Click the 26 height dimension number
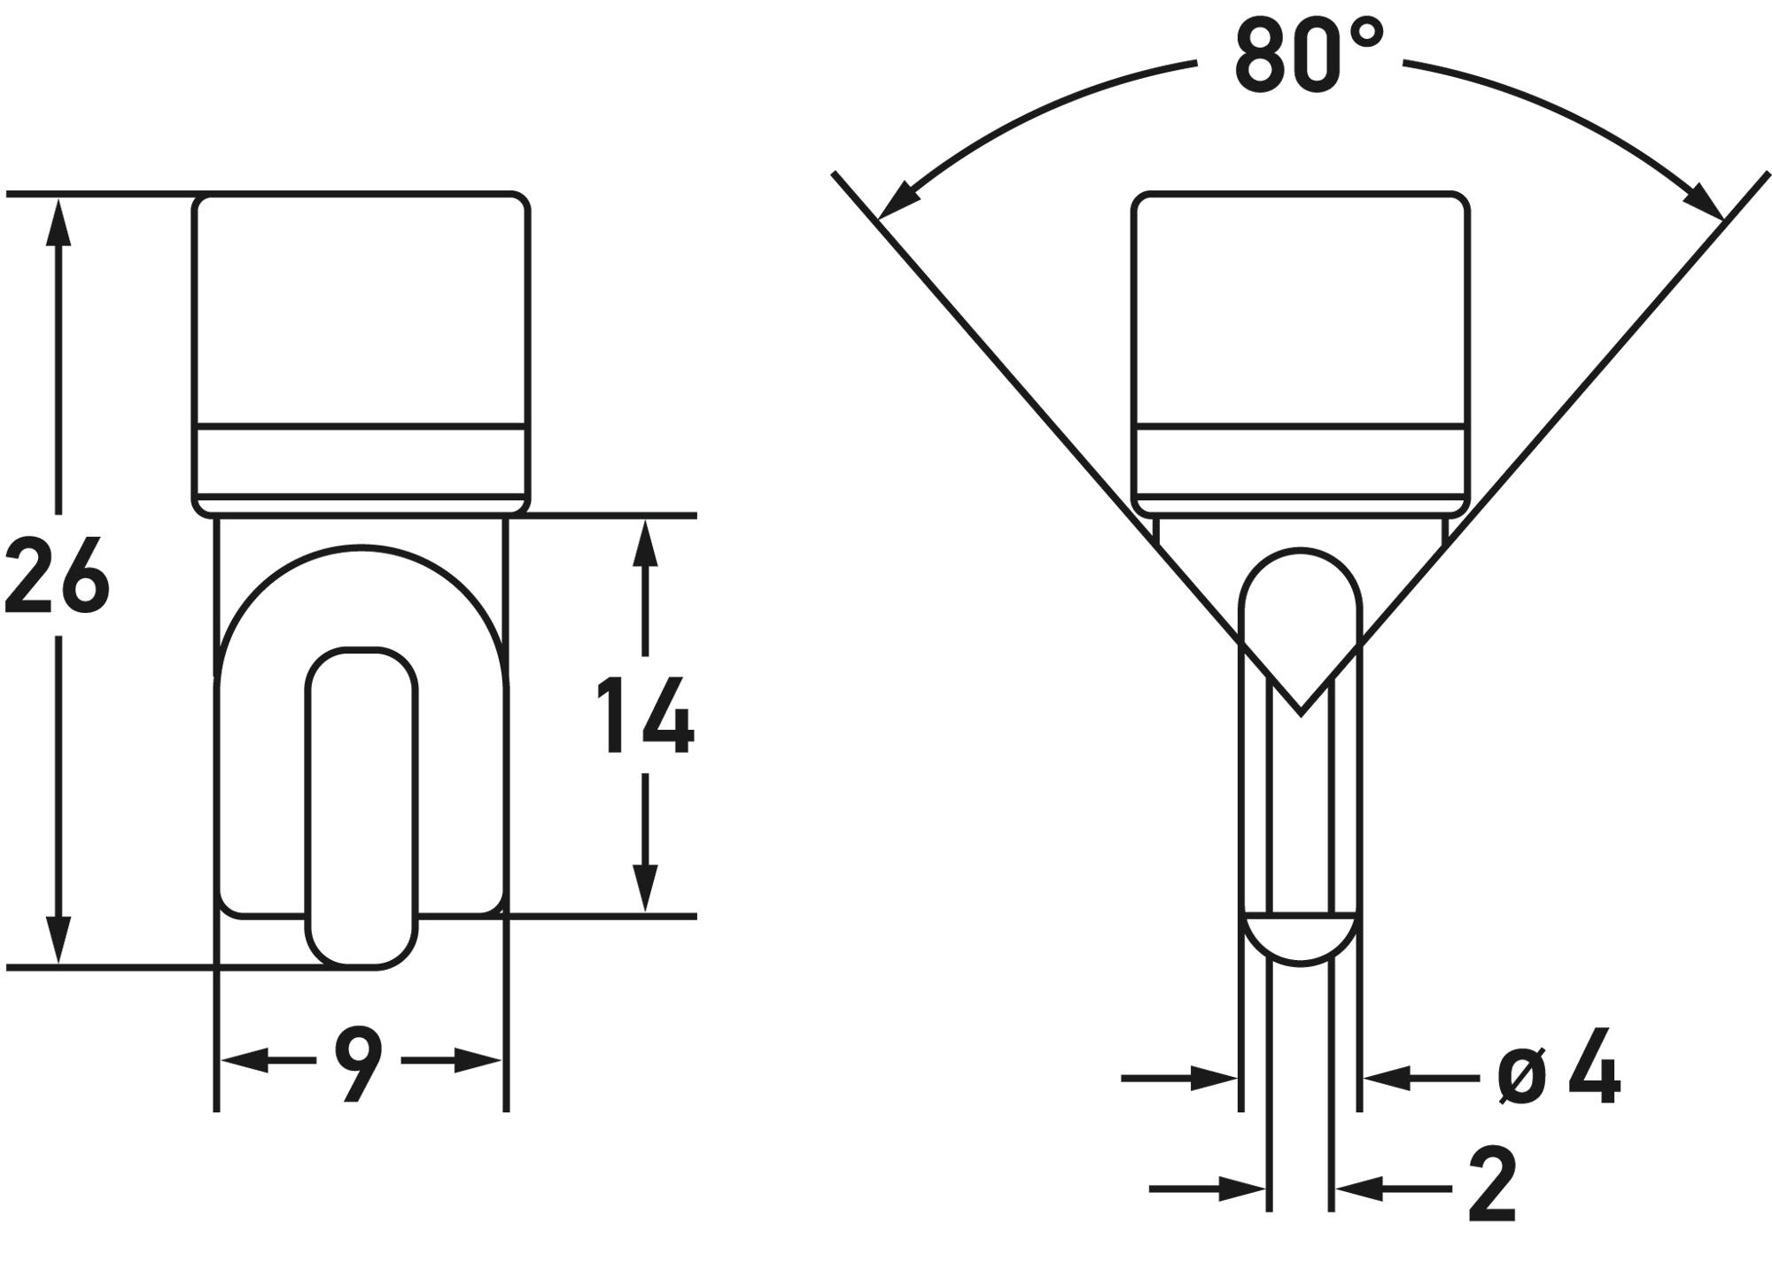click(x=56, y=576)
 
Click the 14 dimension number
click(x=645, y=716)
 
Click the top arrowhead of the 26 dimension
click(x=58, y=221)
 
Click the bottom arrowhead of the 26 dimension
click(x=58, y=939)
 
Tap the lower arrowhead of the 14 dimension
click(x=646, y=887)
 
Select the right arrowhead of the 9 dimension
click(x=478, y=1060)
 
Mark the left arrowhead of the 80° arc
click(x=897, y=200)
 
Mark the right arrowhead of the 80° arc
click(x=1703, y=200)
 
